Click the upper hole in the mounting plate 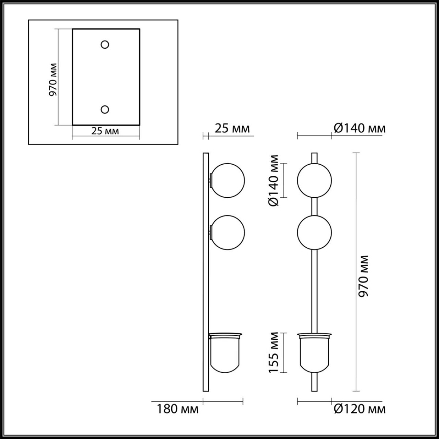coord(105,44)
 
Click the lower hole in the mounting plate coord(105,109)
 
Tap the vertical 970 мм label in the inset coord(53,79)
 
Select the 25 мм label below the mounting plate coord(105,131)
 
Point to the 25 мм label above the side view coord(233,128)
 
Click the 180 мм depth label coord(178,409)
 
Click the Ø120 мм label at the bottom coord(360,409)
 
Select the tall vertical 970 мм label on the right coord(363,276)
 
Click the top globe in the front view coord(314,180)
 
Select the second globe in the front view coord(314,233)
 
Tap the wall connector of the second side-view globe coord(210,232)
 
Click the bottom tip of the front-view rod coord(314,390)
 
